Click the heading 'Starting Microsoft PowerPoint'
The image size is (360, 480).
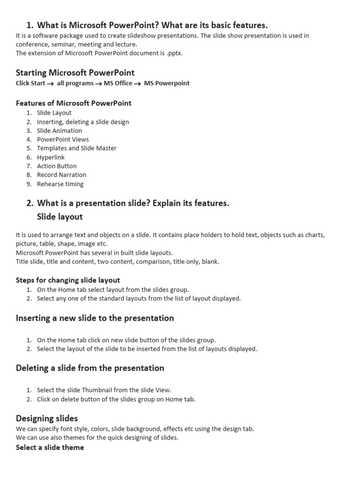(75, 73)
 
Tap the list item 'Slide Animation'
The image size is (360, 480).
(60, 130)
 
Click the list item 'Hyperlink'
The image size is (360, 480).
(51, 157)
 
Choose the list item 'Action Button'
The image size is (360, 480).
(57, 166)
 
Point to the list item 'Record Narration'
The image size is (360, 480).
(61, 175)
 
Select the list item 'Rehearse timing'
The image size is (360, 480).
(60, 184)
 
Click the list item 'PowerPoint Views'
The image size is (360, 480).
(63, 139)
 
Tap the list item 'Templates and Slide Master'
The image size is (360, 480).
(76, 148)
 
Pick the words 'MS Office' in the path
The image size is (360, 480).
(118, 83)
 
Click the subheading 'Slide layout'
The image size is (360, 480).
(60, 217)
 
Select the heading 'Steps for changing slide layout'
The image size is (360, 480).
(68, 280)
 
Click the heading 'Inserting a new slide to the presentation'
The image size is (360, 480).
(95, 318)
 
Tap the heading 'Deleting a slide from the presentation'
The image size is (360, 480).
(90, 368)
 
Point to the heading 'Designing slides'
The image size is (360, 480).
(47, 418)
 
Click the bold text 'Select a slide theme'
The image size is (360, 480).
(50, 447)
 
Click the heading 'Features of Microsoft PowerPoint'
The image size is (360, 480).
(74, 103)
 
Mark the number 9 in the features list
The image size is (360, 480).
(29, 184)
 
